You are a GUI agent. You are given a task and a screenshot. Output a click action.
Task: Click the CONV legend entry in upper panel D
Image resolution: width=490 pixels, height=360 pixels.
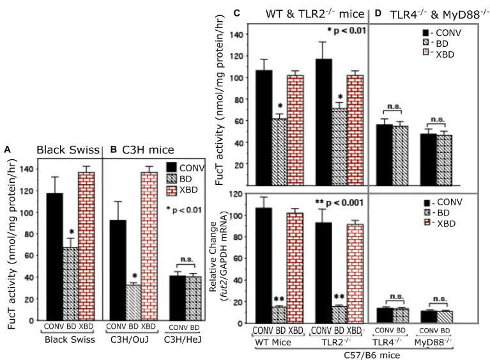tap(441, 32)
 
